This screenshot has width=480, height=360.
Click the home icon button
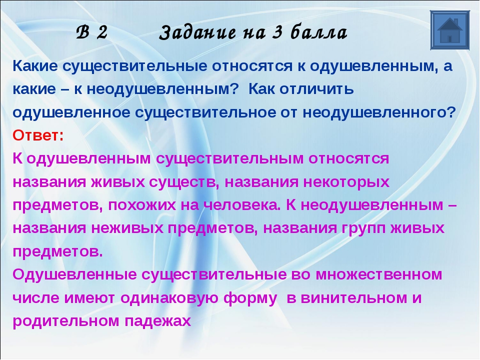(x=449, y=30)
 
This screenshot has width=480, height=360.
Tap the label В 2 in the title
(x=92, y=32)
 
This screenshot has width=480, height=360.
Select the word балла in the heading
(x=319, y=32)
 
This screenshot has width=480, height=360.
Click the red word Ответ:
(x=38, y=135)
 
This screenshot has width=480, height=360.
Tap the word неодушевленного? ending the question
(x=379, y=112)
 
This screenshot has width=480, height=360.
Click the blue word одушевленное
(x=71, y=112)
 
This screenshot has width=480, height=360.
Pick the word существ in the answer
(x=183, y=182)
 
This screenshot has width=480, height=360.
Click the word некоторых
(x=346, y=182)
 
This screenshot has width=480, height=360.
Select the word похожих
(x=142, y=205)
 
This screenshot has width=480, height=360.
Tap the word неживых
(x=127, y=228)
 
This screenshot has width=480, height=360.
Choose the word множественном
(x=378, y=274)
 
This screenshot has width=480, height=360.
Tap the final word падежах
(x=157, y=321)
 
